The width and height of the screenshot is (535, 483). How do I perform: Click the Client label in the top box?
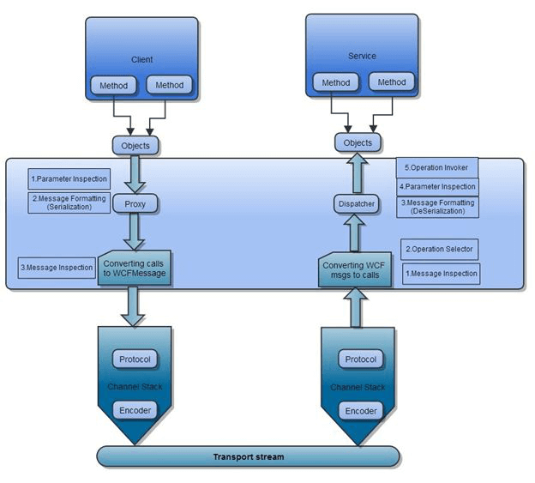[x=141, y=59]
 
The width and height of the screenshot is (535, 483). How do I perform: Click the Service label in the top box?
[x=362, y=57]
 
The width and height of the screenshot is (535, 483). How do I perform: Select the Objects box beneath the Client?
[x=135, y=145]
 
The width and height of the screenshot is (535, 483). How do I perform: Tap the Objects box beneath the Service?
[x=358, y=142]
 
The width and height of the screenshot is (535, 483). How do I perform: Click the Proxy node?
[x=135, y=204]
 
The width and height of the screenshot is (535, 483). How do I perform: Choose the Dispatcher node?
[x=357, y=203]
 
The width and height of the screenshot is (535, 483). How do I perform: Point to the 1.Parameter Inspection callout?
[x=69, y=179]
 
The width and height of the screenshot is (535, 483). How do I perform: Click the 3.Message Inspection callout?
[x=57, y=268]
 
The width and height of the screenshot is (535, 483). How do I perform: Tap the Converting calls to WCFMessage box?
[x=135, y=268]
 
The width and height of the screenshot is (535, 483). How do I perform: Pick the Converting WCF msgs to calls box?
[x=355, y=270]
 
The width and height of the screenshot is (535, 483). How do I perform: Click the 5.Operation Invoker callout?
[x=437, y=167]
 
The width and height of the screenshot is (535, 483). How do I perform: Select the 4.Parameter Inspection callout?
[x=437, y=187]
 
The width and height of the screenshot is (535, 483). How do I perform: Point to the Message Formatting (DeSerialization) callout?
[x=437, y=207]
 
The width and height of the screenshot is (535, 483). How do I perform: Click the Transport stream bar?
[x=248, y=456]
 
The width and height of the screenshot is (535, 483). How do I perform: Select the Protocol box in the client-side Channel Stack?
[x=135, y=359]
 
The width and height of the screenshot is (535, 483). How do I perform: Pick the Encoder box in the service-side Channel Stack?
[x=361, y=411]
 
